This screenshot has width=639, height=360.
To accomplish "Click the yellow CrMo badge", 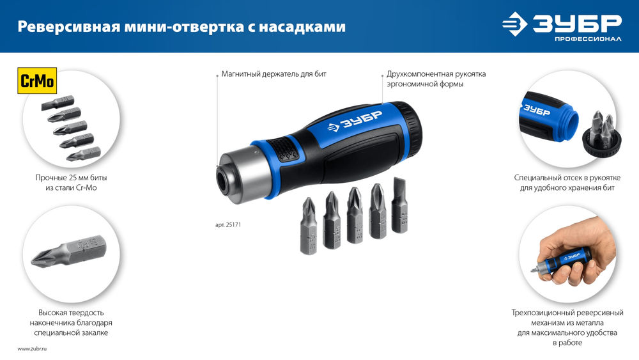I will tap(37, 81).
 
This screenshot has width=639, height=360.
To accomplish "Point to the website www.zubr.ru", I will tap(33, 348).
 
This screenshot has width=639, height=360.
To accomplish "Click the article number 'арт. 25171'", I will tap(227, 225).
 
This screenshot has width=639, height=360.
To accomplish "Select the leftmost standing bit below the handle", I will tap(309, 226).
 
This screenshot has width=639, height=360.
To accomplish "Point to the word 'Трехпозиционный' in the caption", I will tap(543, 313).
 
